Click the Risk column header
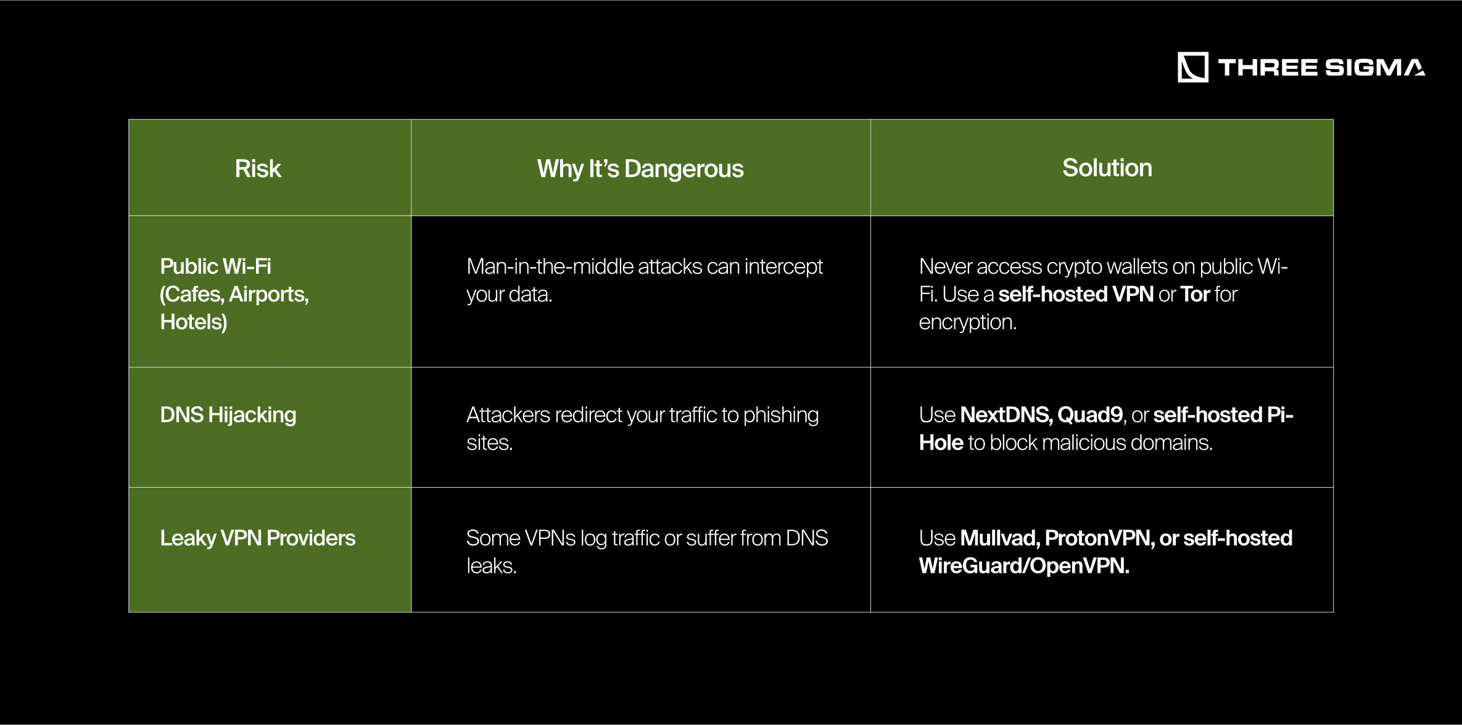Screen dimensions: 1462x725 tap(258, 168)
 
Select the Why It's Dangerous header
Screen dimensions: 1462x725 tap(640, 169)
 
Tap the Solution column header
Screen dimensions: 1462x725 tap(1107, 168)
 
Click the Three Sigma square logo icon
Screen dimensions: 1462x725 tap(1193, 67)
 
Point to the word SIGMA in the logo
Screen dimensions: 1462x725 tap(1374, 67)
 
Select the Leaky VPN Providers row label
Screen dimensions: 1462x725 tap(258, 538)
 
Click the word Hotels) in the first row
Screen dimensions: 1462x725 tap(194, 322)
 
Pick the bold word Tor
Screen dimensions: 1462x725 tap(1195, 294)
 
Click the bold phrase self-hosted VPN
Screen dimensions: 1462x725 tap(1076, 294)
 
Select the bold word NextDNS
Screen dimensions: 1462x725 tap(1006, 415)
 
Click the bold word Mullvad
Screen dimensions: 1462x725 tap(1000, 538)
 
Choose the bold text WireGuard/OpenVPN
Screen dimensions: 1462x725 tap(1024, 566)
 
